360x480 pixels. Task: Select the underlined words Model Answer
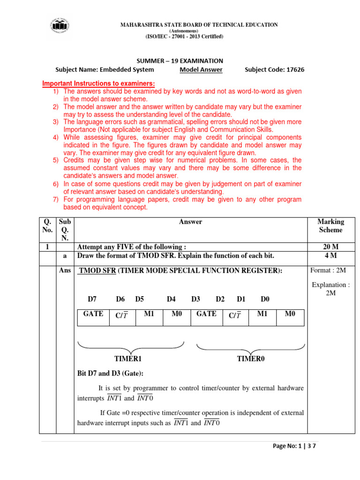[201, 70]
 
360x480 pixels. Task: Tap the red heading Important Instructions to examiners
[98, 83]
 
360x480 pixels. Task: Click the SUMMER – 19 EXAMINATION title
[180, 61]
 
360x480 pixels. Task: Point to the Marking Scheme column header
[330, 225]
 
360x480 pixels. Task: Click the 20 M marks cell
[330, 247]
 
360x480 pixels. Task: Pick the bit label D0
[265, 299]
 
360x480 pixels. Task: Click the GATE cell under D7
[93, 315]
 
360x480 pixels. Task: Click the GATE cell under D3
[206, 315]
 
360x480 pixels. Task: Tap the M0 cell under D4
[176, 315]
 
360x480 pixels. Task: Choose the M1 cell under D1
[262, 315]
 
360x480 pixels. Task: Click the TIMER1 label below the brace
[128, 359]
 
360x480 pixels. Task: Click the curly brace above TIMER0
[251, 348]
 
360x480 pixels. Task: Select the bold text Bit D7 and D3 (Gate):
[110, 374]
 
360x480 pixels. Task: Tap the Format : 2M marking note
[330, 271]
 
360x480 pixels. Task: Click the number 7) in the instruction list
[55, 200]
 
